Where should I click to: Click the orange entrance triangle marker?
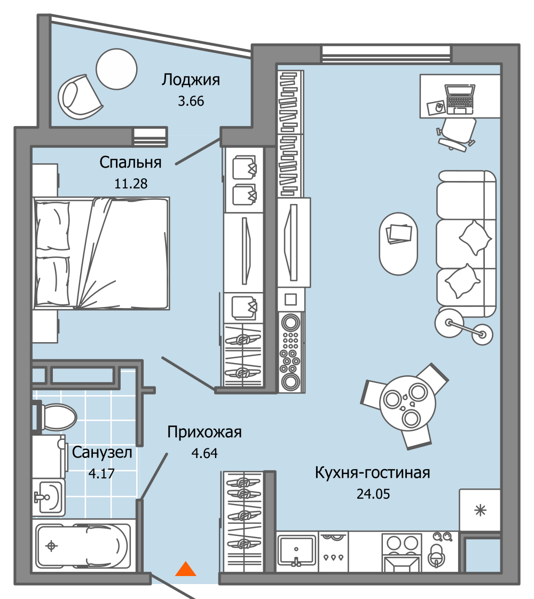click(186, 570)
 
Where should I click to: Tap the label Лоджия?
click(191, 80)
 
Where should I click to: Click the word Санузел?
click(101, 453)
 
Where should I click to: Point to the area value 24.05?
click(373, 494)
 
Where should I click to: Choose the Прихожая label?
click(205, 432)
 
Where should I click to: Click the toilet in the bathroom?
click(56, 416)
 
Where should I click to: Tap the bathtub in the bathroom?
click(83, 546)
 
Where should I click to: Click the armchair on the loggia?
click(79, 96)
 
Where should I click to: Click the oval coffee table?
click(398, 243)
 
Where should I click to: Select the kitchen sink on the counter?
click(297, 549)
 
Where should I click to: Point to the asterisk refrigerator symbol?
click(481, 510)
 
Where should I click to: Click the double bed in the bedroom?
click(101, 253)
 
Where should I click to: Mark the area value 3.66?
click(191, 101)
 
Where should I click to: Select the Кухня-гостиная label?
click(372, 472)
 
